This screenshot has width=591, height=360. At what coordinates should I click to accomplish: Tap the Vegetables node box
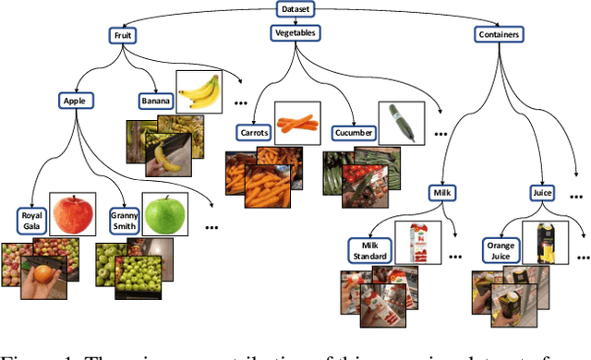click(296, 33)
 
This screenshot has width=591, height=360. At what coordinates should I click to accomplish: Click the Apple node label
click(74, 100)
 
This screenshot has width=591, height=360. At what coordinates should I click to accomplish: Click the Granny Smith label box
click(123, 222)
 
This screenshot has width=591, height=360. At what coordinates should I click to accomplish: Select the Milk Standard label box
click(369, 250)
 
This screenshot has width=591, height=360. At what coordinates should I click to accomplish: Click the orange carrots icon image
click(296, 122)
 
